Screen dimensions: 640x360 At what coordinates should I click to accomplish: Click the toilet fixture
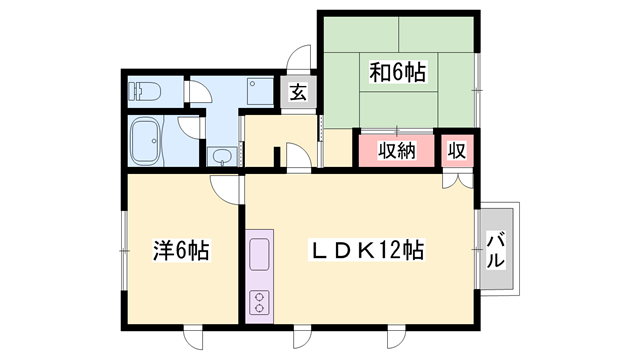[x=144, y=92]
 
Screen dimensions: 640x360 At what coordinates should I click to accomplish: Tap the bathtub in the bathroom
[x=145, y=141]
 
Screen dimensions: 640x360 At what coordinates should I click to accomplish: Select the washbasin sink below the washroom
[x=222, y=156]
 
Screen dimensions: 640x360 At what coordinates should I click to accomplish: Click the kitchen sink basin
[x=259, y=254]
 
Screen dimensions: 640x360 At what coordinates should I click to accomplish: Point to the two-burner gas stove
[x=259, y=302]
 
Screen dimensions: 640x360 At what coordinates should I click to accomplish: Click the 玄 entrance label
[x=298, y=92]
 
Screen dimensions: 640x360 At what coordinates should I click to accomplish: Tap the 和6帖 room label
[x=398, y=72]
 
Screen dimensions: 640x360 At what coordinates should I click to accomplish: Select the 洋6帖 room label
[x=181, y=250]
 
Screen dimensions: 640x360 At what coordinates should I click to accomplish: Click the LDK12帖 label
[x=367, y=249]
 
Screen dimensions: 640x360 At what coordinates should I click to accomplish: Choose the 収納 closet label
[x=396, y=151]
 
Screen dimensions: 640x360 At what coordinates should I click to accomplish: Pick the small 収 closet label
[x=457, y=151]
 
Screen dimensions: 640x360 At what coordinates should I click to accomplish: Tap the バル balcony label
[x=495, y=249]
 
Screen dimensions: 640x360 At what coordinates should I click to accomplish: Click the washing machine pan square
[x=259, y=92]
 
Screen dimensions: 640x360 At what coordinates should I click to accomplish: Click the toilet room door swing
[x=200, y=92]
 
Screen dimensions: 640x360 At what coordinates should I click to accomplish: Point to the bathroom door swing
[x=189, y=127]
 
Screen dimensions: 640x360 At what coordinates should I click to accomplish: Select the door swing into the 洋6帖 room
[x=224, y=189]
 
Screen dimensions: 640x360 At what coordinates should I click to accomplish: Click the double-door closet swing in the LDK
[x=458, y=181]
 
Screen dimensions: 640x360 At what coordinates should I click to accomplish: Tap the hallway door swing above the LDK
[x=299, y=157]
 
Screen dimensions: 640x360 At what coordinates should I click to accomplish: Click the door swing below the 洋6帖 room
[x=193, y=338]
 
